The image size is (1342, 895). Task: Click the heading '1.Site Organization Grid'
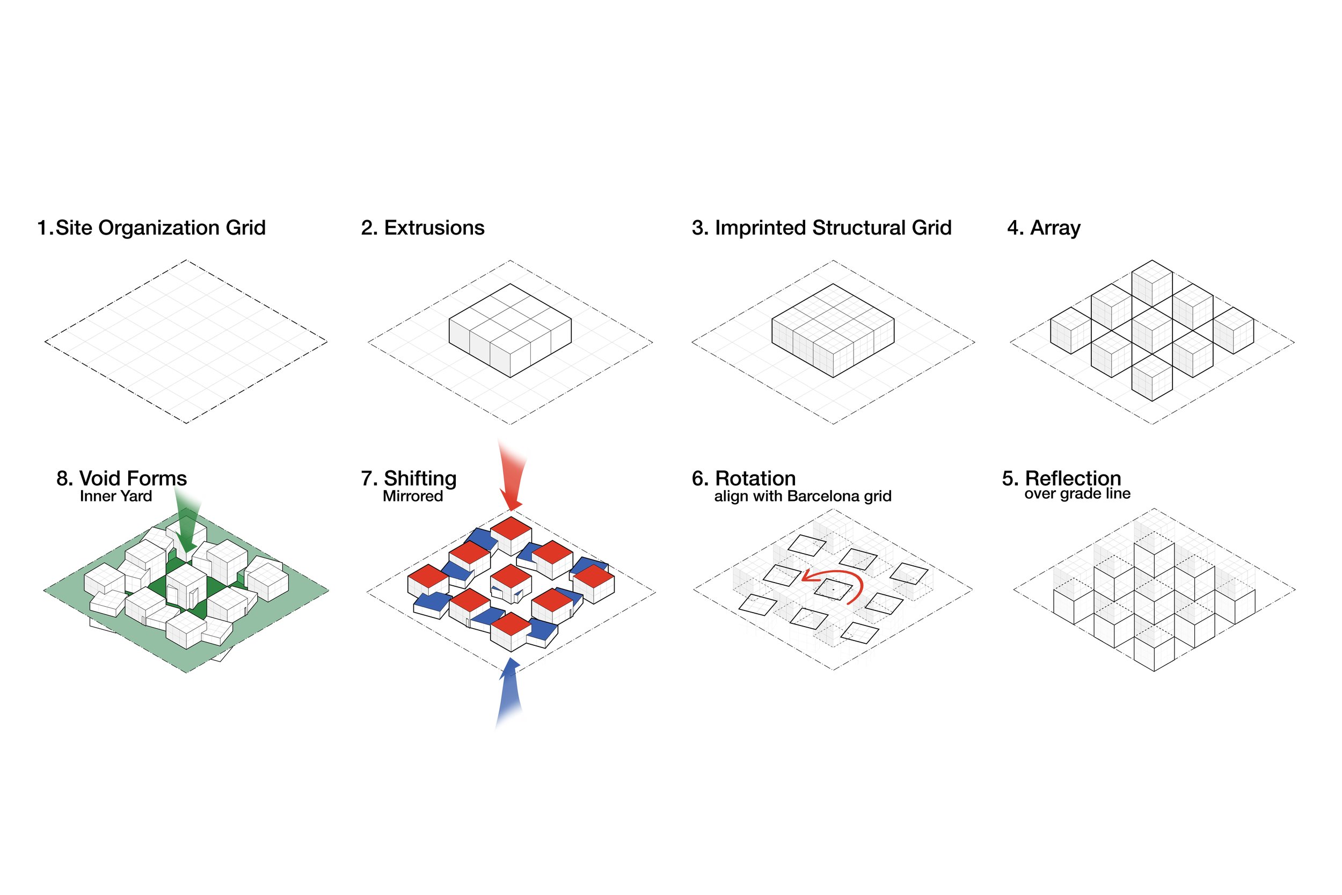pyautogui.click(x=151, y=228)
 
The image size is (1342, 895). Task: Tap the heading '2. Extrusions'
pyautogui.click(x=423, y=228)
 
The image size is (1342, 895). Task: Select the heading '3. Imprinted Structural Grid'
pyautogui.click(x=822, y=228)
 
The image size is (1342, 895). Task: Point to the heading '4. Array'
pyautogui.click(x=1044, y=228)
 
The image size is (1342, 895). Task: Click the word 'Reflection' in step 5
pyautogui.click(x=1073, y=478)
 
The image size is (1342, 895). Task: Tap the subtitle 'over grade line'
pyautogui.click(x=1077, y=494)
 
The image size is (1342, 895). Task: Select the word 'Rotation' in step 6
pyautogui.click(x=755, y=478)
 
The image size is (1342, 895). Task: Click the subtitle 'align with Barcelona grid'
pyautogui.click(x=802, y=496)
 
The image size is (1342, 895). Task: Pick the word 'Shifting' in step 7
pyautogui.click(x=420, y=478)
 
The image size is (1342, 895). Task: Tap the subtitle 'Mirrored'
pyautogui.click(x=412, y=496)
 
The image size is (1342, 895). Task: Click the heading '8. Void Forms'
pyautogui.click(x=121, y=478)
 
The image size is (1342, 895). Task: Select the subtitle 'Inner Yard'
pyautogui.click(x=116, y=496)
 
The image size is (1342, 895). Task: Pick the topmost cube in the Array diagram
pyautogui.click(x=1151, y=282)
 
